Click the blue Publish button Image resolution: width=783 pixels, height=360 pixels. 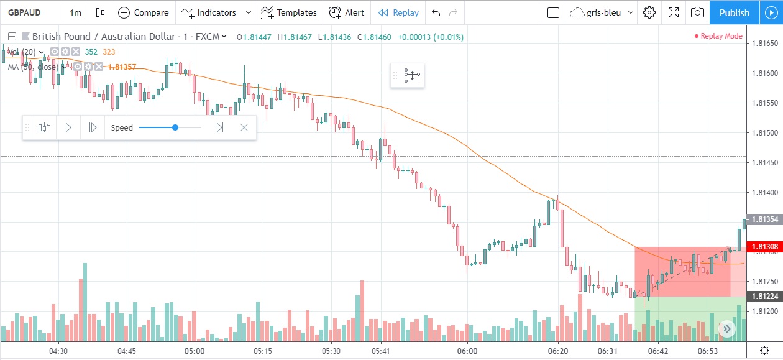pyautogui.click(x=734, y=12)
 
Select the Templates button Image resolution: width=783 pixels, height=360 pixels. pyautogui.click(x=289, y=12)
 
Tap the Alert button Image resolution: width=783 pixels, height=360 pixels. pyautogui.click(x=347, y=12)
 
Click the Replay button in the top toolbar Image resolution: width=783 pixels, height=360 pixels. pyautogui.click(x=398, y=12)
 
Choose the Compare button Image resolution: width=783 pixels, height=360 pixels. pyautogui.click(x=144, y=12)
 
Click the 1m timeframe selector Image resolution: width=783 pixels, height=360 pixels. pyautogui.click(x=75, y=12)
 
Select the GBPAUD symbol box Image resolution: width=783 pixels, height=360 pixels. pyautogui.click(x=30, y=12)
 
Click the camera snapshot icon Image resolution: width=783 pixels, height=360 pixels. pyautogui.click(x=698, y=12)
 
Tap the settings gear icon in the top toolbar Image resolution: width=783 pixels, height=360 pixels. pyautogui.click(x=649, y=12)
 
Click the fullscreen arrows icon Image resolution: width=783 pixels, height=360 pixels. pyautogui.click(x=674, y=12)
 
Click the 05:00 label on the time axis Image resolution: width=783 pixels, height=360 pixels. pyautogui.click(x=195, y=351)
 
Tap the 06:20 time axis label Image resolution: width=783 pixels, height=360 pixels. pyautogui.click(x=557, y=351)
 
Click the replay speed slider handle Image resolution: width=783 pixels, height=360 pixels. pyautogui.click(x=175, y=127)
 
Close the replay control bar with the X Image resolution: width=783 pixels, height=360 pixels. pyautogui.click(x=244, y=127)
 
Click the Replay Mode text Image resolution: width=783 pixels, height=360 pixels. pyautogui.click(x=721, y=36)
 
